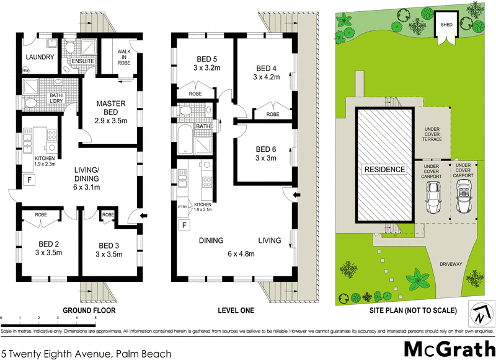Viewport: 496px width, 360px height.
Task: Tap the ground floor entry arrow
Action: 145,216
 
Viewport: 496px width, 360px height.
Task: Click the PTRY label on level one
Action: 182,206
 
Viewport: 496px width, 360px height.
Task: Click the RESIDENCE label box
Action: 384,169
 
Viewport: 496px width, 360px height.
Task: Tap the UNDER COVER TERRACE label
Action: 432,134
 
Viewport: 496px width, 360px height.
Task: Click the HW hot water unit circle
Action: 25,71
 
